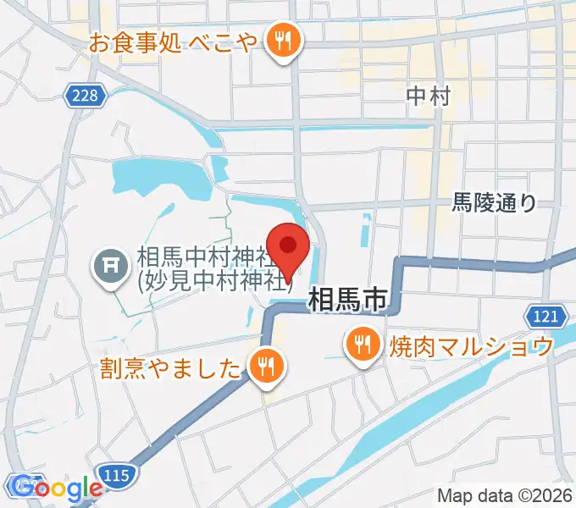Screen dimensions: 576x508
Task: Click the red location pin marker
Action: pyautogui.click(x=289, y=247)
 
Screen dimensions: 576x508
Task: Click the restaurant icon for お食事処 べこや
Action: pyautogui.click(x=280, y=40)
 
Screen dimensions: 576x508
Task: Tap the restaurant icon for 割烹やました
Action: pyautogui.click(x=266, y=367)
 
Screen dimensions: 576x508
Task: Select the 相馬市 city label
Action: pyautogui.click(x=347, y=299)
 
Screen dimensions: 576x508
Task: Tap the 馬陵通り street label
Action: pyautogui.click(x=493, y=202)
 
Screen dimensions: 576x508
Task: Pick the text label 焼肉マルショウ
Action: pyautogui.click(x=471, y=345)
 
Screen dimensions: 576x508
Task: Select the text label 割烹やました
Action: pyautogui.click(x=170, y=367)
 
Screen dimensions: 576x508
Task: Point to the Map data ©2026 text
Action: pyautogui.click(x=505, y=496)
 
